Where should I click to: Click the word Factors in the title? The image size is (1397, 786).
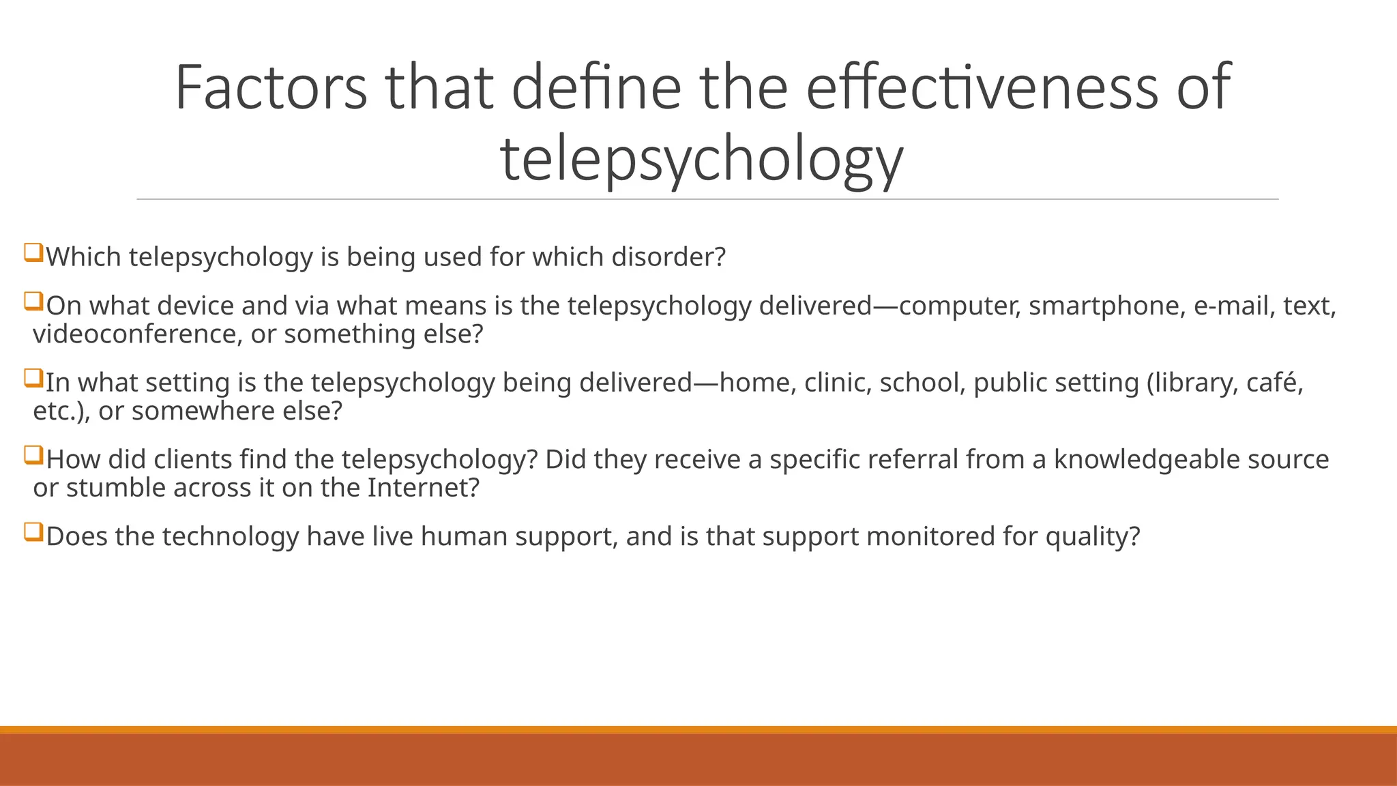click(271, 87)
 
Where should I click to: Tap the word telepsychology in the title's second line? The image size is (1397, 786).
click(701, 160)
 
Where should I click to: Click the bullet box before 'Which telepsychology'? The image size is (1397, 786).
click(33, 253)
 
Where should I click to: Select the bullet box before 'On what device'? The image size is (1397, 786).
click(33, 302)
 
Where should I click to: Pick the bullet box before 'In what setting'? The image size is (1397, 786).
click(33, 379)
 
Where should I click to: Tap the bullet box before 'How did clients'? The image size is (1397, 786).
click(33, 456)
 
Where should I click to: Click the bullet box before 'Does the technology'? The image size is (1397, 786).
click(33, 532)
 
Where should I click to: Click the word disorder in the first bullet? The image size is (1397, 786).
click(668, 257)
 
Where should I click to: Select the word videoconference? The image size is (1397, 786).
click(134, 334)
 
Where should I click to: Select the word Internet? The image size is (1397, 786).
click(423, 489)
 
